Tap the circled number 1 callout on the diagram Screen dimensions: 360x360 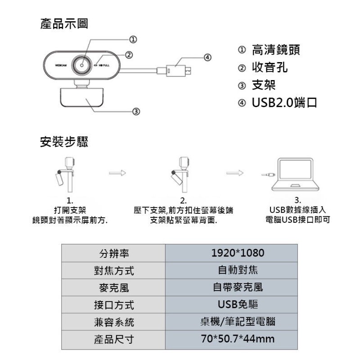[134, 39]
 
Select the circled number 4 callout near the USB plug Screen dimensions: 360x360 [207, 57]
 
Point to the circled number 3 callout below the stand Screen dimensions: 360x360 [136, 111]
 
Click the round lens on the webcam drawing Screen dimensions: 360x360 [84, 65]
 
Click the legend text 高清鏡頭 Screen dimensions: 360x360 [276, 49]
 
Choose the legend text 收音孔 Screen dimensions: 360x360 [270, 67]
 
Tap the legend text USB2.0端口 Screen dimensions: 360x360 [284, 103]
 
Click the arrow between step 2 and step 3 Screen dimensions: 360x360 [234, 172]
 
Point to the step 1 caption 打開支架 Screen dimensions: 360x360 [69, 210]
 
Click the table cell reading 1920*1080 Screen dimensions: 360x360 [231, 253]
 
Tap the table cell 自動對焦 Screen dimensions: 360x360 [231, 270]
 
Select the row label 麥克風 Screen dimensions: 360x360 [113, 288]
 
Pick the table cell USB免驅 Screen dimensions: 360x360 [231, 305]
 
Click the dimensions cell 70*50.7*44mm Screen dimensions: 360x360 [231, 339]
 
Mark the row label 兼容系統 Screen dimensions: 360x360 [113, 322]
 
